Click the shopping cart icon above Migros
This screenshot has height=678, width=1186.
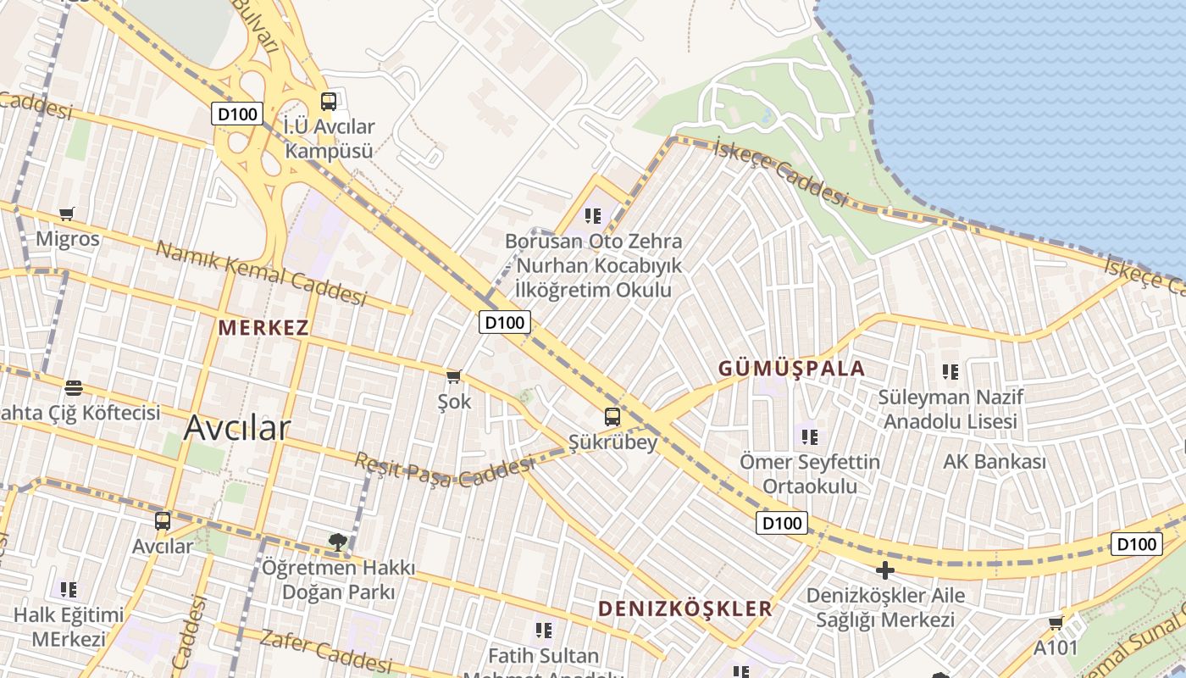pos(67,214)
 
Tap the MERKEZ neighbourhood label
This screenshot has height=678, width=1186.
pos(263,328)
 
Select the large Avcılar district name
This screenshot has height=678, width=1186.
pos(237,428)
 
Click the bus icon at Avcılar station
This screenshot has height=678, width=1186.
pos(163,521)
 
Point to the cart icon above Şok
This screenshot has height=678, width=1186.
pos(454,375)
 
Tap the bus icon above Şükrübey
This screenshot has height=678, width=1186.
pos(612,416)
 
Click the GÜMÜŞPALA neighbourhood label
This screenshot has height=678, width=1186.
pos(791,369)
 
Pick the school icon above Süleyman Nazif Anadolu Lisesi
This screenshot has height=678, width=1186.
pos(950,371)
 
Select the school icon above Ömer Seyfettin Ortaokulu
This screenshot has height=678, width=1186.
pos(810,437)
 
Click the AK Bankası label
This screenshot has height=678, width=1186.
pos(995,462)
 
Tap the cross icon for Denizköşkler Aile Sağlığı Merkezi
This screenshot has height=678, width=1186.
pos(885,570)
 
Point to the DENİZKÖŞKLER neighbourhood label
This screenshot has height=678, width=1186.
pos(685,609)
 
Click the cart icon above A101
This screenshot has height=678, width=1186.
pos(1056,624)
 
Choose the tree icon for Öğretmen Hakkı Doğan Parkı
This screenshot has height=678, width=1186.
pos(337,542)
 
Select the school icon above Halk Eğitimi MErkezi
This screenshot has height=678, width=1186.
pos(69,589)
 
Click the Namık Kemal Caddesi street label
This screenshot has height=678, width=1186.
pos(261,273)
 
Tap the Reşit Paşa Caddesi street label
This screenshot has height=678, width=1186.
pos(444,469)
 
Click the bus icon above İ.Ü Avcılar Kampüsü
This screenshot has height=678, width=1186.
pos(329,102)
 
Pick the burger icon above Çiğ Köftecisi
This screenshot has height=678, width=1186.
pos(74,388)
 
